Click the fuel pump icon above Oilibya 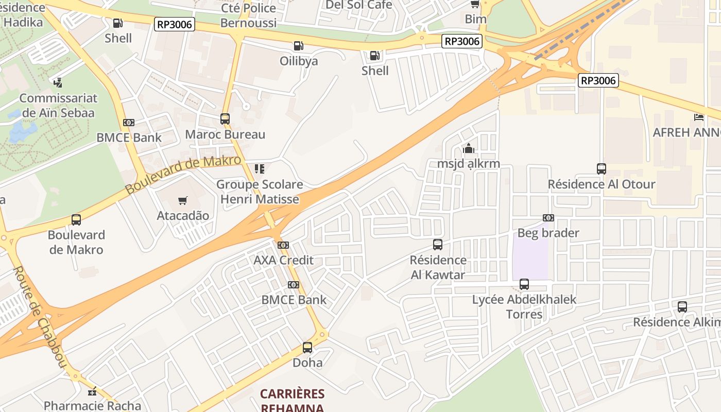point(298,46)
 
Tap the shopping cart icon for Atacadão point(182,200)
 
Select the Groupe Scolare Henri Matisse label point(260,192)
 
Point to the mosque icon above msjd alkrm point(469,149)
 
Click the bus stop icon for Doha point(307,348)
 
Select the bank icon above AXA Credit point(283,245)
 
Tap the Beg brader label point(548,233)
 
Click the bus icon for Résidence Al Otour point(601,168)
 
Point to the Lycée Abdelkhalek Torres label point(524,306)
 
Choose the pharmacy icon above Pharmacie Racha point(92,392)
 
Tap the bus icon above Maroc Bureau point(225,119)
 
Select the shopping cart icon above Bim point(475,4)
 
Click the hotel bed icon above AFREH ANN point(699,117)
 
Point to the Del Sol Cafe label point(358,5)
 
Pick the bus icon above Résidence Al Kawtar point(438,245)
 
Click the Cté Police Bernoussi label point(248,15)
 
